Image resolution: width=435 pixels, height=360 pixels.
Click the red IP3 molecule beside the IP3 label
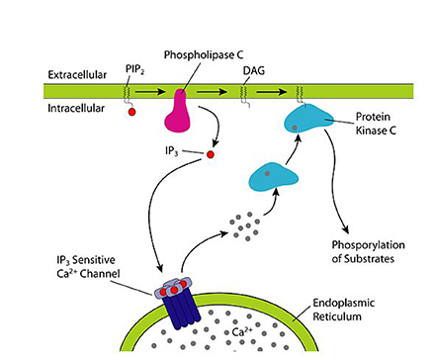tap(210, 154)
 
